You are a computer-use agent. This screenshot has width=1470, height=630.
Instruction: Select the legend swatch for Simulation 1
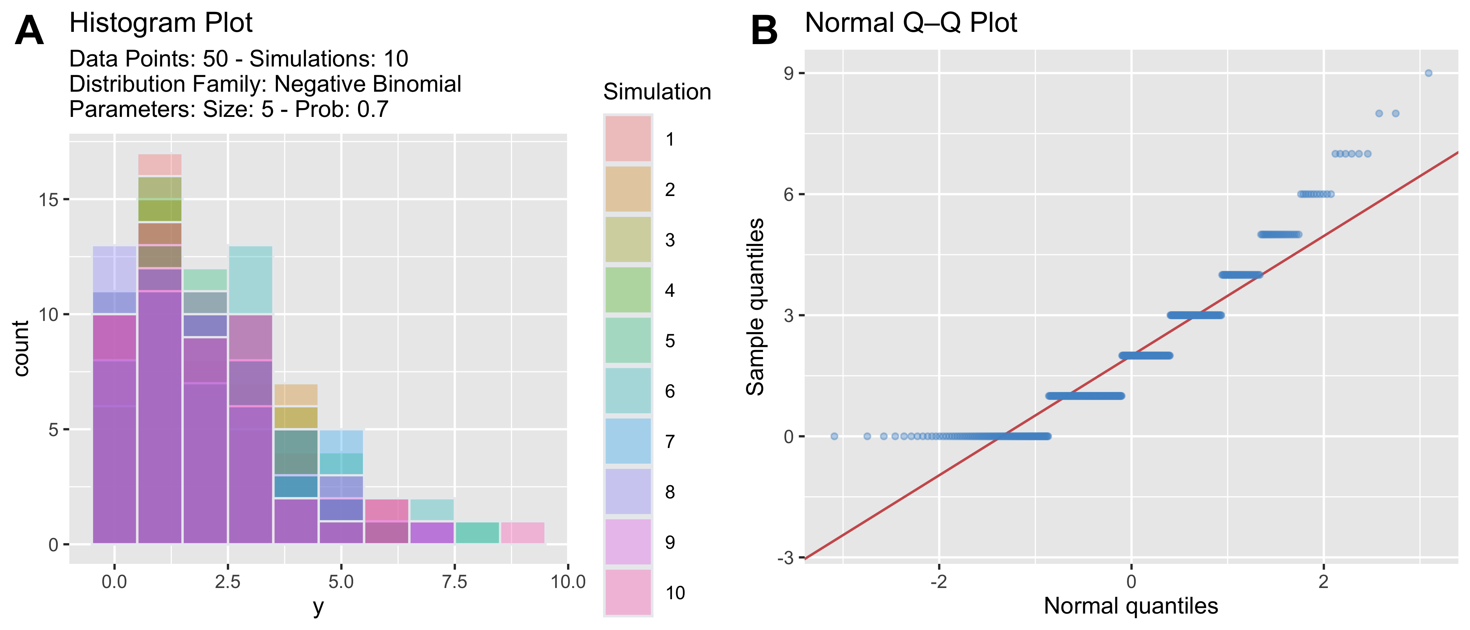pos(628,139)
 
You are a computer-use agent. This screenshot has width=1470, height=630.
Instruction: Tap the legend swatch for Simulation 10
pos(628,592)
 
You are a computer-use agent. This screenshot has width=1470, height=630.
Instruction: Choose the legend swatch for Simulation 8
pos(628,491)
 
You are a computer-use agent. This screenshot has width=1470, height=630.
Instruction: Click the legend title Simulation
pos(657,92)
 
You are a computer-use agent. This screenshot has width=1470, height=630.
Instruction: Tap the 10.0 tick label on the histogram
pos(568,582)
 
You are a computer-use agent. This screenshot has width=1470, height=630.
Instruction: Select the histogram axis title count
pos(21,348)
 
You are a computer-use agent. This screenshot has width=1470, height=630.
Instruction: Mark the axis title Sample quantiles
pos(756,307)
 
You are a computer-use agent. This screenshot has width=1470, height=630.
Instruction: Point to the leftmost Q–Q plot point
pos(834,436)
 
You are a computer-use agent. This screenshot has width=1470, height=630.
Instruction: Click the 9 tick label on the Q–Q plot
pos(789,73)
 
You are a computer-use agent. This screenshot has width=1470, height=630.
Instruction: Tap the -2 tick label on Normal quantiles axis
pos(939,582)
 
